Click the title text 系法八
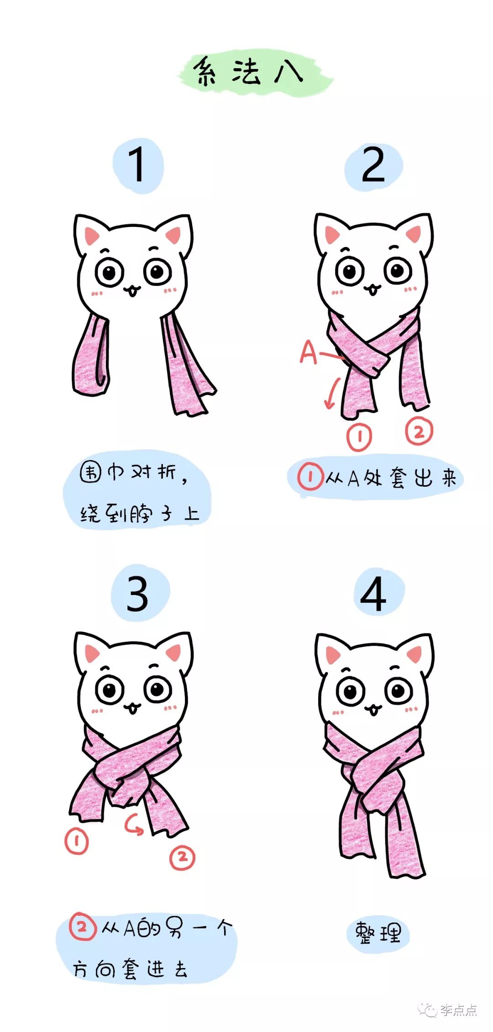click(249, 72)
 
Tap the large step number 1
click(137, 165)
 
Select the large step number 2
click(373, 165)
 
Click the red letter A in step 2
click(308, 353)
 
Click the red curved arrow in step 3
click(134, 826)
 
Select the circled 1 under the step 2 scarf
click(359, 437)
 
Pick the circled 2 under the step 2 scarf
click(419, 431)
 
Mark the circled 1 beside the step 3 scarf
click(76, 841)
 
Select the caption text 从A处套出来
click(391, 478)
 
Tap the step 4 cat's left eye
click(351, 691)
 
